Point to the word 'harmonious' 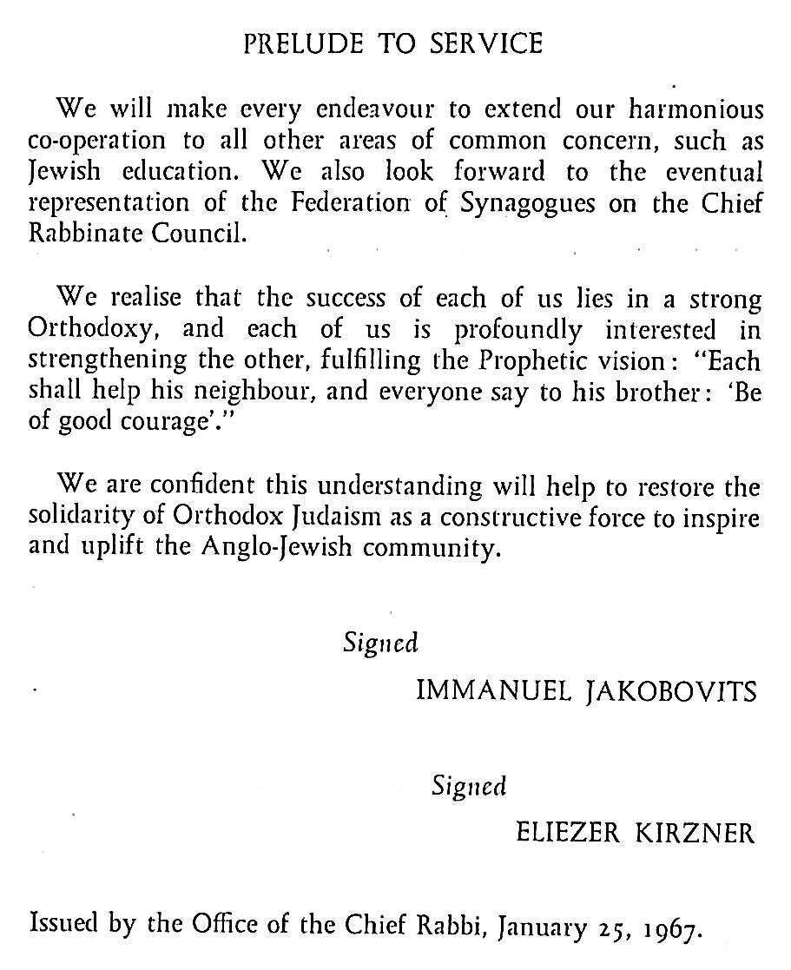coord(689,110)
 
